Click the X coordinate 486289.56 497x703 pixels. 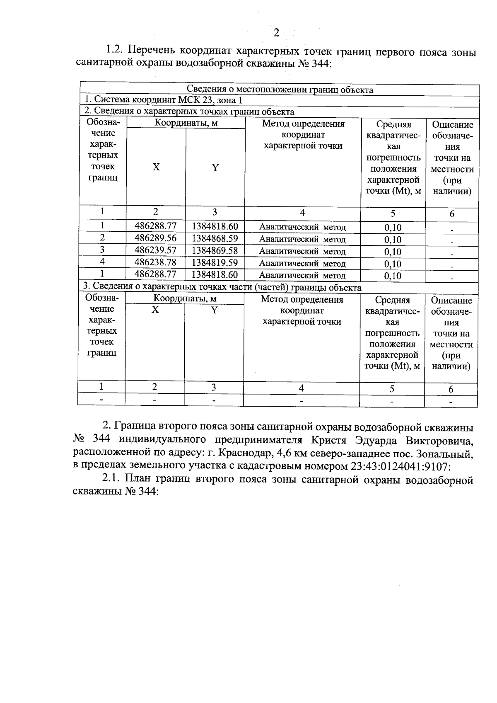point(156,238)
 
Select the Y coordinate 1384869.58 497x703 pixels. point(215,250)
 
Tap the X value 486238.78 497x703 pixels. point(156,262)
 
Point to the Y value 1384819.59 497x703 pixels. point(215,262)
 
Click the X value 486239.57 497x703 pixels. point(156,250)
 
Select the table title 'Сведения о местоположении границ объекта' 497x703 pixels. point(280,90)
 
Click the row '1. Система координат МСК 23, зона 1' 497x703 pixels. point(163,100)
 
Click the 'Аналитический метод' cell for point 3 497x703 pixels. point(302,251)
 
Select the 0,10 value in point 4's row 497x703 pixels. point(393,264)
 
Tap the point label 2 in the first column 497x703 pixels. point(102,238)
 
